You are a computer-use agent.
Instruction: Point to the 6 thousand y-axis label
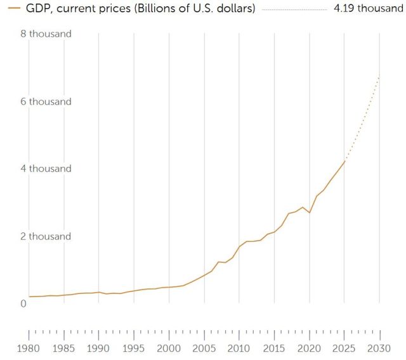50,102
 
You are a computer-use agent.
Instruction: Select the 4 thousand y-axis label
50,169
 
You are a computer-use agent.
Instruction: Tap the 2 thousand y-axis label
50,237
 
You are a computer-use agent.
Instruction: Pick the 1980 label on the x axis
29,348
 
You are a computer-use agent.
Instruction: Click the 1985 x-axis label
63,348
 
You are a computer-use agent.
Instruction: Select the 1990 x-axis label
98,348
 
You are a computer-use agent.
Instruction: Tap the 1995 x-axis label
134,348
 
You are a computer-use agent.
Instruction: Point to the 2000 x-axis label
169,348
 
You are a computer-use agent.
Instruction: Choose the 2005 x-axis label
204,348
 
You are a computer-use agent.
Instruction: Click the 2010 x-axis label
239,348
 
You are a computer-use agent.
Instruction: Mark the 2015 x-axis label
274,348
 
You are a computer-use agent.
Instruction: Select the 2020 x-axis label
310,348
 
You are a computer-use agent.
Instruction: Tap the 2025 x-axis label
344,348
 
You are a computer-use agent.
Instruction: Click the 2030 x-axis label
379,348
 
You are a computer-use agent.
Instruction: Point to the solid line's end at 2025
344,161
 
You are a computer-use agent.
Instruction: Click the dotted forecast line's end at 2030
379,76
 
